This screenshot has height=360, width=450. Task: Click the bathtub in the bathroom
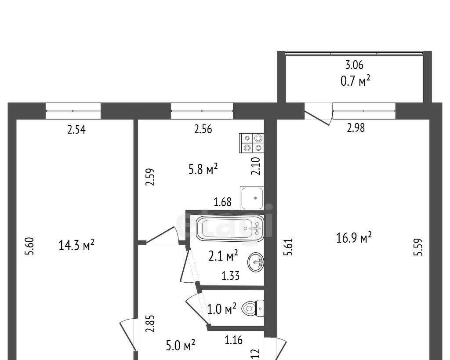[230, 228]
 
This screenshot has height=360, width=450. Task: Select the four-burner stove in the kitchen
[251, 143]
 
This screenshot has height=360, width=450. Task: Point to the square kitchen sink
[252, 198]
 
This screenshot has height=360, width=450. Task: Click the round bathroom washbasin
[256, 262]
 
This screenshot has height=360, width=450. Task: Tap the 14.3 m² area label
[76, 245]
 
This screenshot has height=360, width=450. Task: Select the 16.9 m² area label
[354, 238]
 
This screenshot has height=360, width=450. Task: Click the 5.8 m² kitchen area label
[203, 169]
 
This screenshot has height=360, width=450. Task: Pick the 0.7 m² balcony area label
[355, 81]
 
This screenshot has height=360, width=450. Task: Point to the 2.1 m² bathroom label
[223, 255]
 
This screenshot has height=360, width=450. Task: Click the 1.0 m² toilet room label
[221, 309]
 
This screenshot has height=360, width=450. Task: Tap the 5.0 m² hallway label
[181, 345]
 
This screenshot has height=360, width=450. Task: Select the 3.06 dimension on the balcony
[355, 65]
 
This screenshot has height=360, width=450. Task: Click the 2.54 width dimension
[76, 130]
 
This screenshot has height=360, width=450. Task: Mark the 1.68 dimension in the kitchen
[223, 202]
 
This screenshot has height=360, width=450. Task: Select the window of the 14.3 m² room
[73, 111]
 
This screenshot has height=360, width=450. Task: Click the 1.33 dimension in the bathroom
[230, 276]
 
